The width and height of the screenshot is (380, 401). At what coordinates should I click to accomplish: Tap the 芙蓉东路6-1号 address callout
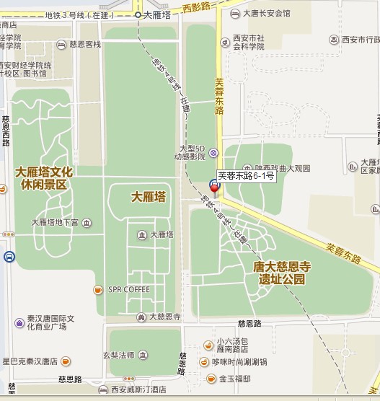(246, 175)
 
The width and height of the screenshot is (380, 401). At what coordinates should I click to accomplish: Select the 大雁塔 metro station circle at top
(138, 14)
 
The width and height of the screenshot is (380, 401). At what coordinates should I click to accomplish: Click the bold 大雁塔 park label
(149, 196)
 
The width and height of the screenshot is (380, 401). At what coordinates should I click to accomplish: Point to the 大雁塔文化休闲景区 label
(45, 178)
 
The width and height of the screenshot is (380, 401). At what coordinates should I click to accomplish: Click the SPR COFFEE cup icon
(97, 290)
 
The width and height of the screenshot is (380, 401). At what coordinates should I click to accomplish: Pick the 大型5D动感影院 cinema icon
(213, 153)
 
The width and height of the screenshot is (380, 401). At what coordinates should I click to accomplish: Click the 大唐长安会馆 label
(266, 13)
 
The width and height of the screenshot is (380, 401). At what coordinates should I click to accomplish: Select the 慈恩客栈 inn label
(85, 44)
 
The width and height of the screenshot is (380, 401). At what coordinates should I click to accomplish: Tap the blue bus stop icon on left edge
(9, 256)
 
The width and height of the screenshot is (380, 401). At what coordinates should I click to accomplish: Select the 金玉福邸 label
(234, 379)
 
